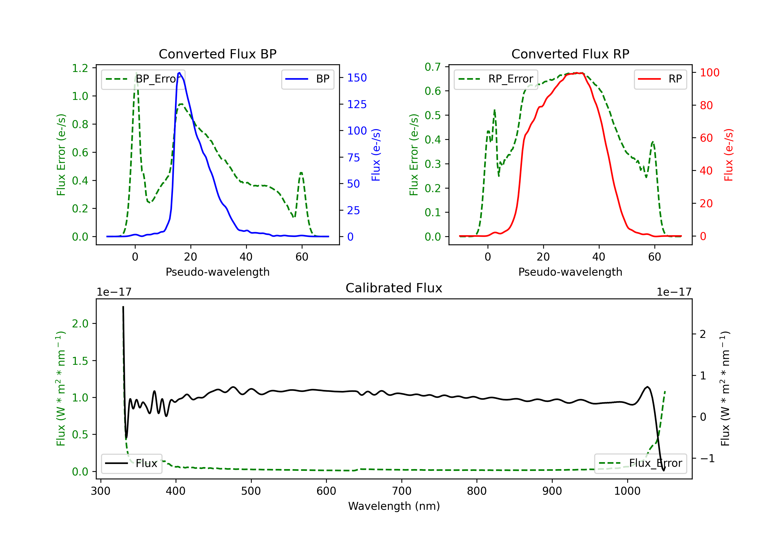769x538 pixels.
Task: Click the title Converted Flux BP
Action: (x=217, y=54)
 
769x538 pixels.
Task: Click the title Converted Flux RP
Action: (x=570, y=54)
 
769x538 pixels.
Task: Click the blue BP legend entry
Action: (x=307, y=79)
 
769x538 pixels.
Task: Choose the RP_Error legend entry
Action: (x=496, y=79)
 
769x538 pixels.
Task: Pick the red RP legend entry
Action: (x=660, y=79)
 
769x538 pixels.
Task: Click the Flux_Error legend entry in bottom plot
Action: (x=640, y=463)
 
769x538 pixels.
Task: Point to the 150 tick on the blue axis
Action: (x=357, y=78)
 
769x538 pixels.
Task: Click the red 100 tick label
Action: (x=709, y=73)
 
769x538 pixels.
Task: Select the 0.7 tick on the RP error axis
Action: (x=433, y=67)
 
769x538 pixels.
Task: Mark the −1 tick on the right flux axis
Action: (x=707, y=458)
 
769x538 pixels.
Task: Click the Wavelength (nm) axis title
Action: (x=394, y=506)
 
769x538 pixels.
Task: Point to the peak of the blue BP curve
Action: (x=179, y=73)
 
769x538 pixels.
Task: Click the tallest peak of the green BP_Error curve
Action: (x=136, y=73)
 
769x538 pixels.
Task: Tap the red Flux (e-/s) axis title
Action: (x=728, y=155)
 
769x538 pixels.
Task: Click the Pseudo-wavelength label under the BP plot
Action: (x=217, y=272)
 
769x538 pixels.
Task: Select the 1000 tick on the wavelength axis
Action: (x=627, y=491)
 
